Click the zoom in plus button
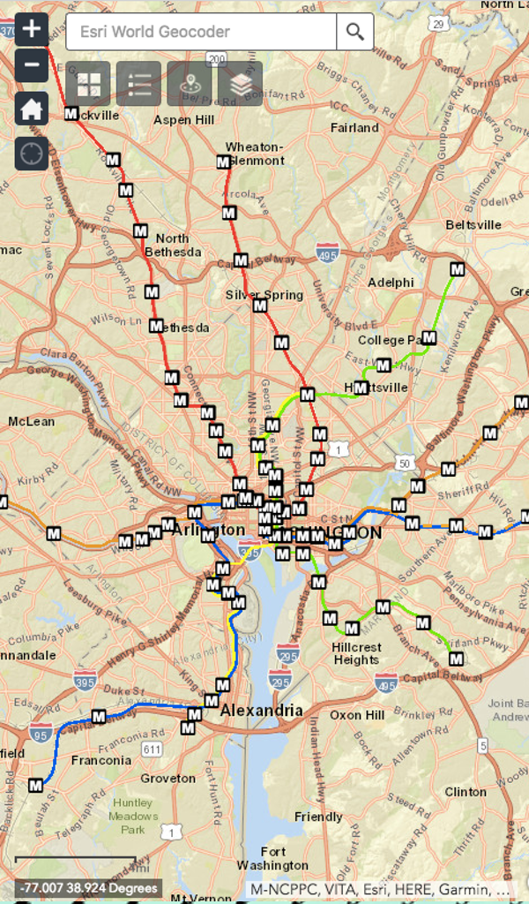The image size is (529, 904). pyautogui.click(x=31, y=28)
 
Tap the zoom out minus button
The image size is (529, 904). pyautogui.click(x=31, y=65)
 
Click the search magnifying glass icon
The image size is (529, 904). pyautogui.click(x=354, y=32)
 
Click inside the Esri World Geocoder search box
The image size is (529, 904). pyautogui.click(x=201, y=32)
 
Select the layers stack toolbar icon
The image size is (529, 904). pyautogui.click(x=240, y=84)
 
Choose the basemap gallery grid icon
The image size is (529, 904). pyautogui.click(x=88, y=84)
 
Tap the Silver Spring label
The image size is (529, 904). pyautogui.click(x=264, y=295)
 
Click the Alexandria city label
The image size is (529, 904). pyautogui.click(x=261, y=711)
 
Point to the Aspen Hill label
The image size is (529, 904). pyautogui.click(x=183, y=119)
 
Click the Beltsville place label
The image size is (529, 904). pyautogui.click(x=473, y=225)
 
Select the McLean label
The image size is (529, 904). pyautogui.click(x=32, y=422)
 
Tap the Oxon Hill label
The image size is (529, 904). pyautogui.click(x=357, y=715)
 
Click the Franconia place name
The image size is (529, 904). pyautogui.click(x=101, y=760)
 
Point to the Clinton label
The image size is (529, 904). pyautogui.click(x=465, y=792)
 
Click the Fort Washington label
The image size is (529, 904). pyautogui.click(x=272, y=858)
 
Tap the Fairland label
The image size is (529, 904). pyautogui.click(x=354, y=128)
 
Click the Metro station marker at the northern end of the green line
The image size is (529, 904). pyautogui.click(x=457, y=269)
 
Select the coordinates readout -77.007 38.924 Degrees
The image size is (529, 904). pyautogui.click(x=88, y=888)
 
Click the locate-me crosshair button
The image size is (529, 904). pyautogui.click(x=31, y=154)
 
